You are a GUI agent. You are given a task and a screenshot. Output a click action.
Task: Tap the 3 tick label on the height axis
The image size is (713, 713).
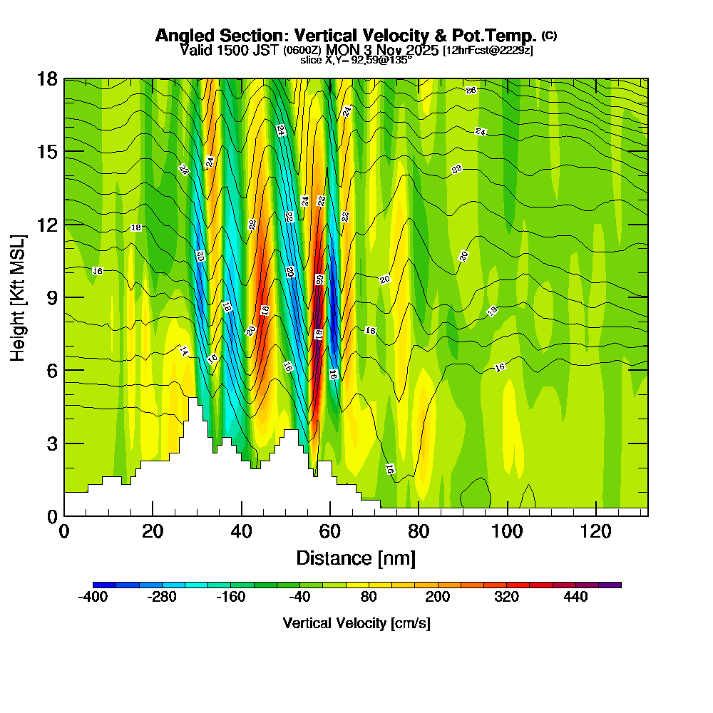pyautogui.click(x=52, y=443)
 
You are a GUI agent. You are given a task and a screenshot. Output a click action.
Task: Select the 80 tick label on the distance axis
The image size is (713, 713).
pyautogui.click(x=419, y=531)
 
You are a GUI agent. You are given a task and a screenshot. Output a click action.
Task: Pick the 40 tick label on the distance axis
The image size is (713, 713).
pyautogui.click(x=242, y=531)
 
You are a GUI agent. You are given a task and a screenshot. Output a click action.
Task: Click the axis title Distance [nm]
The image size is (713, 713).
pyautogui.click(x=356, y=558)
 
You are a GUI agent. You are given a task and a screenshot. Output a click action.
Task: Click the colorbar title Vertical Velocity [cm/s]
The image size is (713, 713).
pyautogui.click(x=356, y=623)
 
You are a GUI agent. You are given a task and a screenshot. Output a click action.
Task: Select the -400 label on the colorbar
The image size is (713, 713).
pyautogui.click(x=93, y=597)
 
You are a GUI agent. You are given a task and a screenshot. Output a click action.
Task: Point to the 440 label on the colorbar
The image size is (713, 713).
pyautogui.click(x=575, y=597)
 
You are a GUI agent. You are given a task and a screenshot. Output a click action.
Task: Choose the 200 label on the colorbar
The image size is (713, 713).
pyautogui.click(x=437, y=597)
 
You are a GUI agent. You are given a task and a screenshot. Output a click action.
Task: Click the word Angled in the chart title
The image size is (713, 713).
pyautogui.click(x=179, y=36)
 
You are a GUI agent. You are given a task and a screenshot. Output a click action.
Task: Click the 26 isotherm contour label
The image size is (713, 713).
pyautogui.click(x=471, y=91)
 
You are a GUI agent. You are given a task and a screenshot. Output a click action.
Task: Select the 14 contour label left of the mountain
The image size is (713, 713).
pyautogui.click(x=183, y=352)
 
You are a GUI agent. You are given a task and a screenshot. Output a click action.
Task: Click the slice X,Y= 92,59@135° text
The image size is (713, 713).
pyautogui.click(x=356, y=61)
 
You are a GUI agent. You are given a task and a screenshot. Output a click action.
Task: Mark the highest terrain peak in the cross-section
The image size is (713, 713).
pyautogui.click(x=193, y=399)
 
